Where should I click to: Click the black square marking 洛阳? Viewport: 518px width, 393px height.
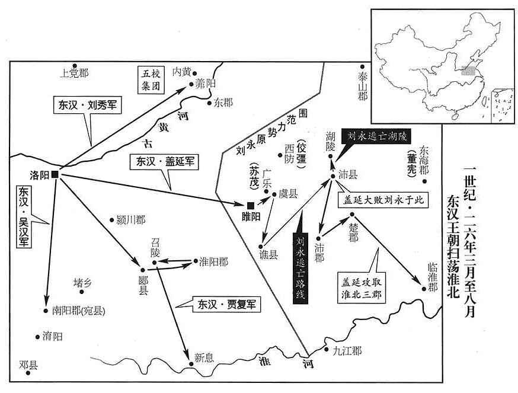click(55, 175)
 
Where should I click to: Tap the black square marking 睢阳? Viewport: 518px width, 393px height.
click(251, 206)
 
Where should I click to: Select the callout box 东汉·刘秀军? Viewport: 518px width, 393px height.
click(87, 106)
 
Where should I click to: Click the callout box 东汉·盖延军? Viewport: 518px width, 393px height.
click(164, 162)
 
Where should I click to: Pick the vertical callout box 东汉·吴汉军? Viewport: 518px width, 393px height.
click(24, 216)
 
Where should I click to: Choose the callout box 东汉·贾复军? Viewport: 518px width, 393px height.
click(226, 305)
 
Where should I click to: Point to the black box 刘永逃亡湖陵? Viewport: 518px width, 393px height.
click(377, 136)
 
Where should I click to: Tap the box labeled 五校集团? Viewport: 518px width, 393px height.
click(151, 79)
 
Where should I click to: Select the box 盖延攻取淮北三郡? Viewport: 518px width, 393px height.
click(362, 288)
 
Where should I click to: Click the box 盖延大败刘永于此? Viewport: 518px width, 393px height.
click(383, 200)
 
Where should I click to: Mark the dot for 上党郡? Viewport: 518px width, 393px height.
click(75, 66)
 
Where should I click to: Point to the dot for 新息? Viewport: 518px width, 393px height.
click(191, 364)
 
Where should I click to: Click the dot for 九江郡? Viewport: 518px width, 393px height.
click(326, 349)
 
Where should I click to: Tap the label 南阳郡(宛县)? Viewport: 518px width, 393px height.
click(79, 311)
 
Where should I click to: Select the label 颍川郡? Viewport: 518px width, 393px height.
click(131, 220)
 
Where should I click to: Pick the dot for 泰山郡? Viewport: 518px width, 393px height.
click(362, 66)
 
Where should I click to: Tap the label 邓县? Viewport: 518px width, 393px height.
click(28, 365)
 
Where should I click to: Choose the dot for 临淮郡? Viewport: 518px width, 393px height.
click(424, 289)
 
